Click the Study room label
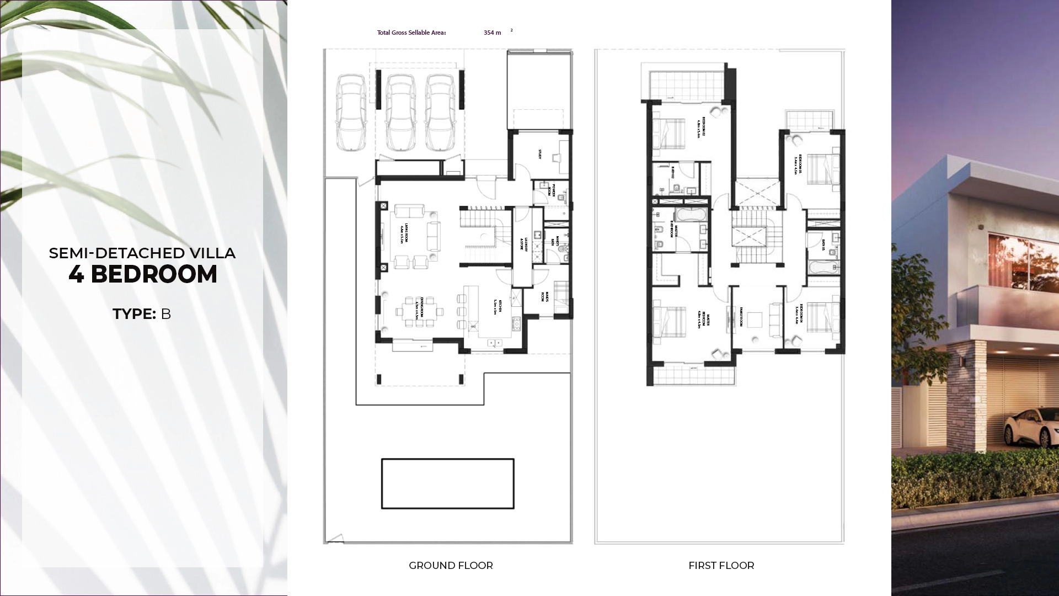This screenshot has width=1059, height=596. [x=540, y=155]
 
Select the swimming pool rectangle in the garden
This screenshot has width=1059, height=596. [x=447, y=483]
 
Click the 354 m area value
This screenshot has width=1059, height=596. [x=492, y=33]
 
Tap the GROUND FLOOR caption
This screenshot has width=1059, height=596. [x=451, y=566]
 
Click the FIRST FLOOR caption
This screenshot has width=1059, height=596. [x=721, y=566]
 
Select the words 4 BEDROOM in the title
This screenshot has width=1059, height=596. [x=143, y=275]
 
